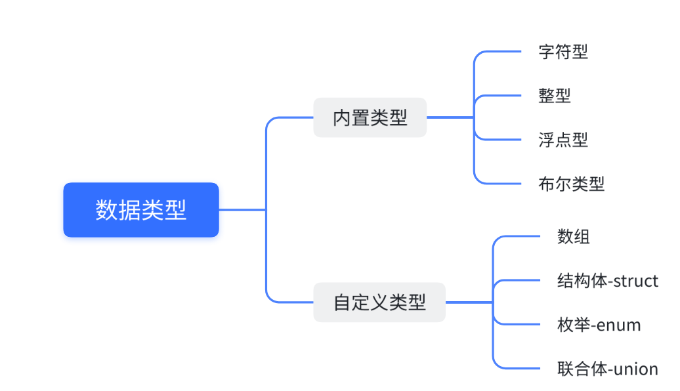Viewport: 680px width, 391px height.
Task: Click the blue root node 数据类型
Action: point(140,210)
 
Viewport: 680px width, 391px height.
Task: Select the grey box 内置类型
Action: point(370,117)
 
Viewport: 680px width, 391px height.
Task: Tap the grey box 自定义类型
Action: point(379,302)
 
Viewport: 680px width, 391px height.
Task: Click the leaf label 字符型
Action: point(563,52)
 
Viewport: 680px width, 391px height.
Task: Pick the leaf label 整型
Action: point(555,95)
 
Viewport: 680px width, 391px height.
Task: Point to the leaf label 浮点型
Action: point(563,139)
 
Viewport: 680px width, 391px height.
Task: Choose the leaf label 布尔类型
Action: point(571,184)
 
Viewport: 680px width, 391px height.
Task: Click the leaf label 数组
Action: point(573,237)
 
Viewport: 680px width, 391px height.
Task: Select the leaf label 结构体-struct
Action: point(607,281)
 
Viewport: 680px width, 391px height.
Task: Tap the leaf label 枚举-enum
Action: point(599,325)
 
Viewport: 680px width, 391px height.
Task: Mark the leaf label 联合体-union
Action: point(607,369)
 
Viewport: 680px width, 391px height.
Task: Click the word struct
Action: point(636,281)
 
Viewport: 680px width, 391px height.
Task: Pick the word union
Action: point(636,369)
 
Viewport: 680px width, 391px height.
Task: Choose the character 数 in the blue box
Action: point(106,210)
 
